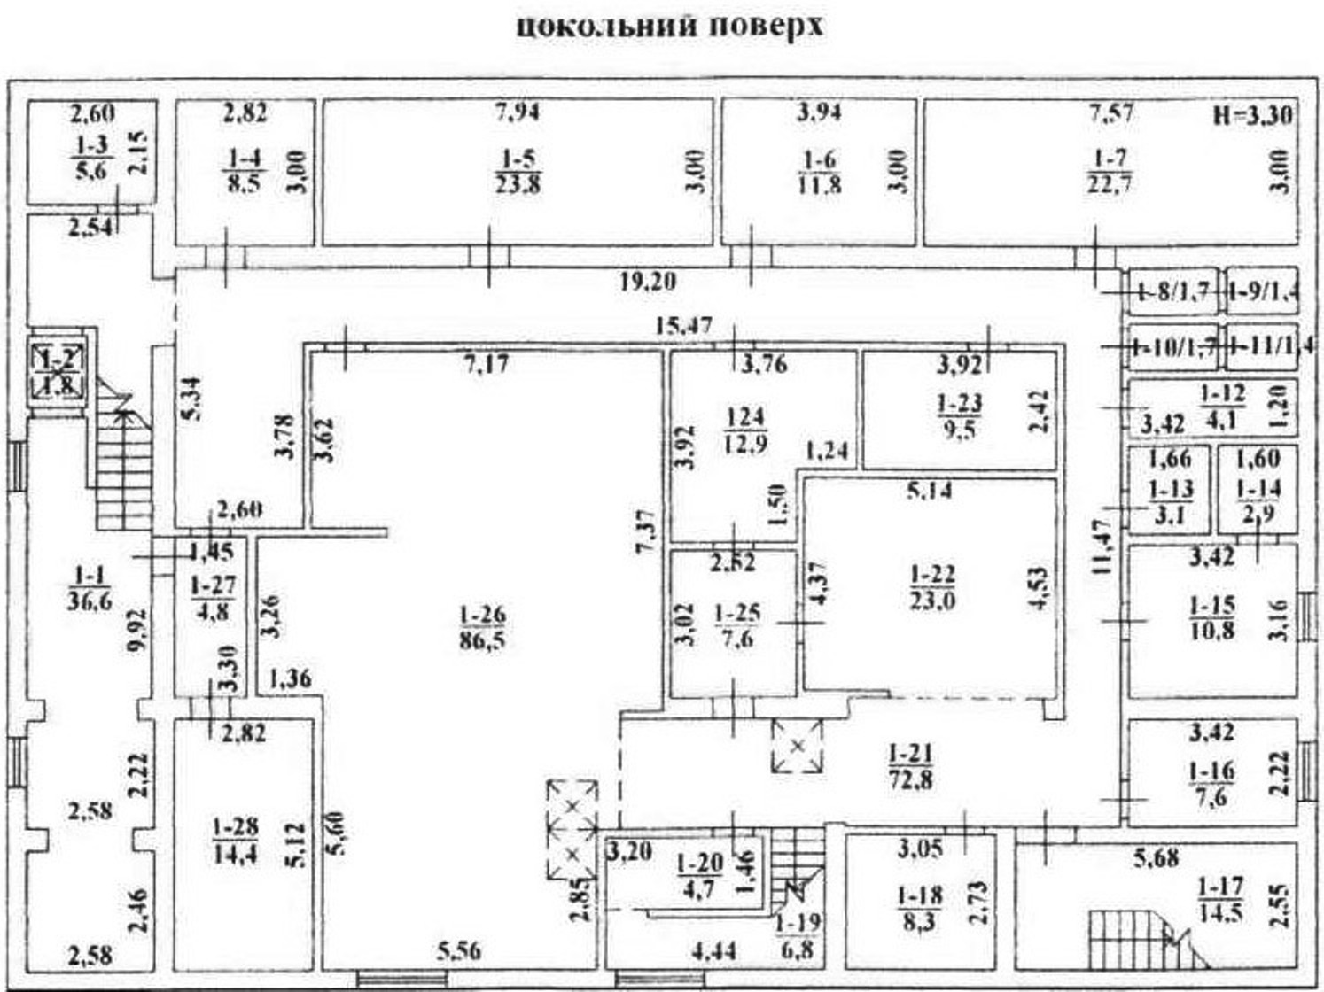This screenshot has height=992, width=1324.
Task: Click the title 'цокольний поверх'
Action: (x=669, y=26)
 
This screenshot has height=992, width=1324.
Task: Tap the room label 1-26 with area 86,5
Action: (x=483, y=628)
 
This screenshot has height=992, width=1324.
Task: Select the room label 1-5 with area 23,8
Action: (x=518, y=171)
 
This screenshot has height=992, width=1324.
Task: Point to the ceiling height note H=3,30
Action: (x=1253, y=114)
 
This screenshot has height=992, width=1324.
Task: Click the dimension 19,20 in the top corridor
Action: (x=648, y=282)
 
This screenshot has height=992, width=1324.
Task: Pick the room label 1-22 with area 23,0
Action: (x=932, y=588)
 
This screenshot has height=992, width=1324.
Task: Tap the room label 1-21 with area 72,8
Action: (x=908, y=766)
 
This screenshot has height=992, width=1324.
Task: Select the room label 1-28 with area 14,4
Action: (x=235, y=841)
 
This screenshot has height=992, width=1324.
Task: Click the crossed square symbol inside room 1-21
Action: (x=797, y=746)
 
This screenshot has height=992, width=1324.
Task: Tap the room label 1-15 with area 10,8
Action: (x=1211, y=618)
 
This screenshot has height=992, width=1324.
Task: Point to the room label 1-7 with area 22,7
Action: (x=1109, y=171)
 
